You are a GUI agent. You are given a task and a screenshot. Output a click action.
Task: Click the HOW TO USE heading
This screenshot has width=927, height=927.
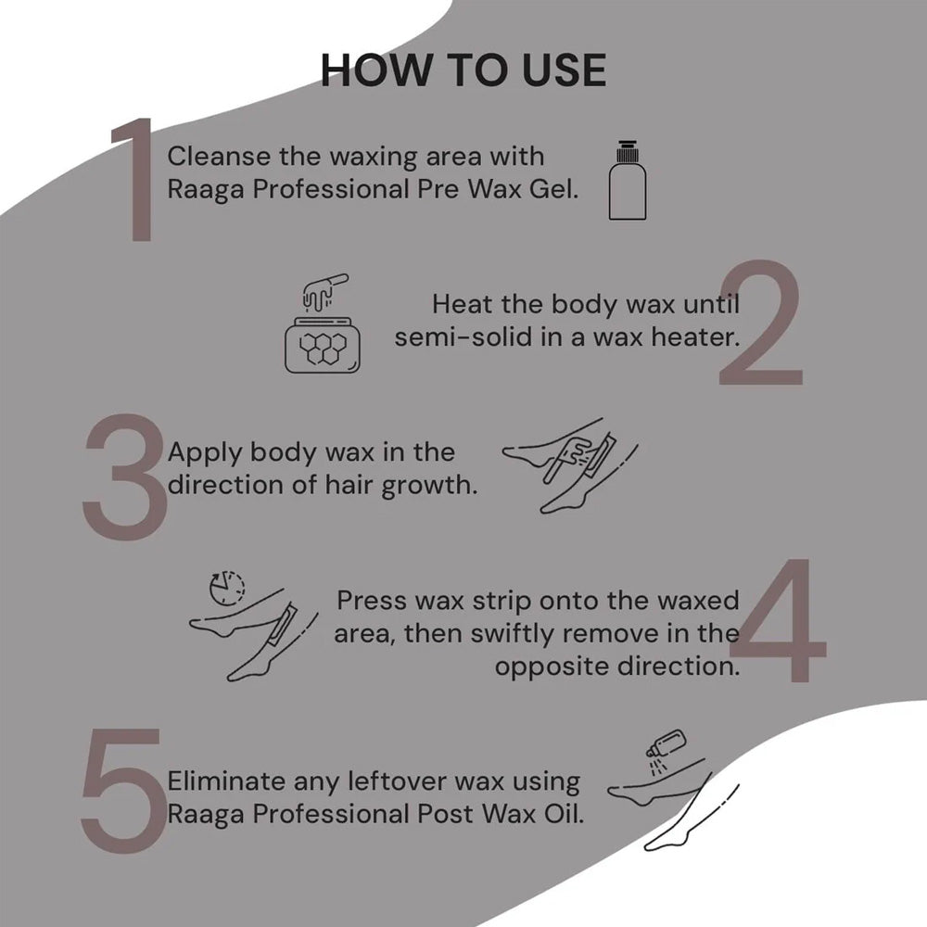463,71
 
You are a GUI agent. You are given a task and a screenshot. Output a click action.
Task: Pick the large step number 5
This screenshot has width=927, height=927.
121,790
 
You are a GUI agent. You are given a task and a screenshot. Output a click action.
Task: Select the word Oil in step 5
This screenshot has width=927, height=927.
561,816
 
